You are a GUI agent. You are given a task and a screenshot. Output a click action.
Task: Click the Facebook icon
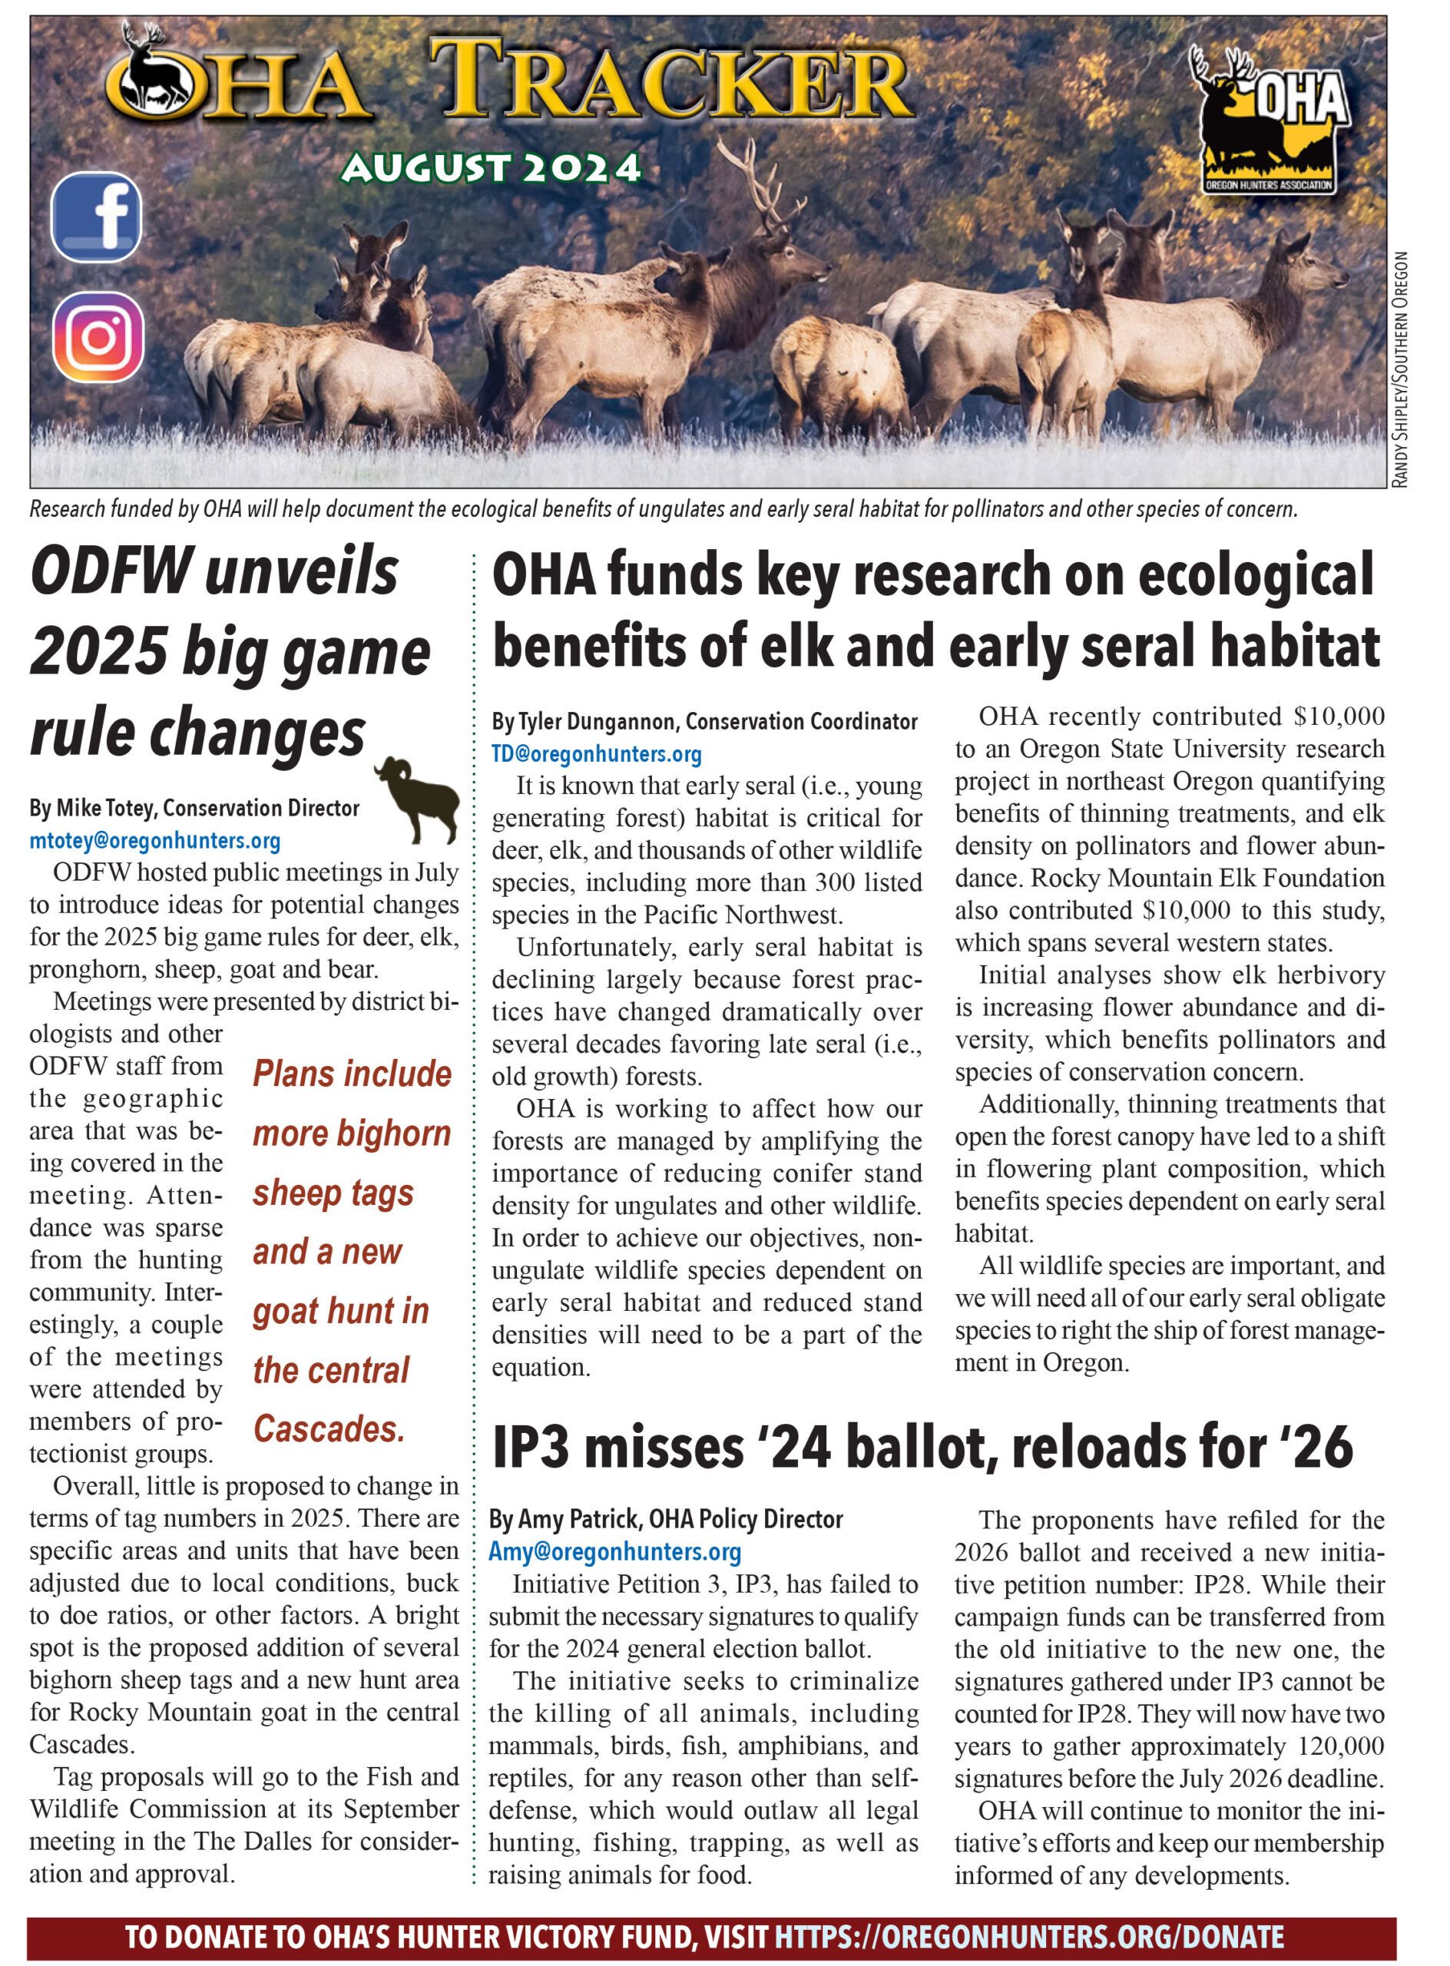coord(97,217)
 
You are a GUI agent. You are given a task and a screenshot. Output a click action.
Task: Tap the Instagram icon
coord(98,336)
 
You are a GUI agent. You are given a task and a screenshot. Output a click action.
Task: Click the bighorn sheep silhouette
coord(418,799)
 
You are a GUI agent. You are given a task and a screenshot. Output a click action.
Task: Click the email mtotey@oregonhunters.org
coord(154,841)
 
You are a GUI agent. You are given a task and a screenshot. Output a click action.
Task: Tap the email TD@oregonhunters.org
coord(596,753)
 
